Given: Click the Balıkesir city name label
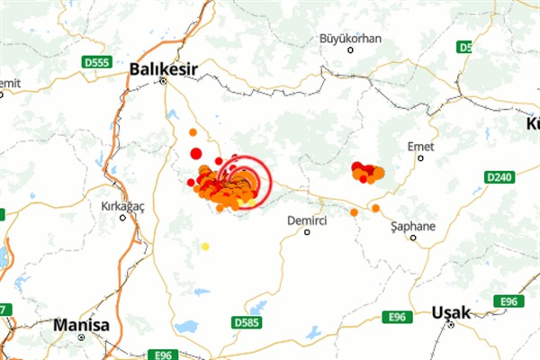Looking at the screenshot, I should [x=164, y=67].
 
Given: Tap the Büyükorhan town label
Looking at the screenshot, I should [x=352, y=39].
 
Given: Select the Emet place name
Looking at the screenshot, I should [x=420, y=145].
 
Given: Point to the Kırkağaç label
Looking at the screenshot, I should [x=121, y=206].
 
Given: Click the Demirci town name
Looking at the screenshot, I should [x=306, y=220].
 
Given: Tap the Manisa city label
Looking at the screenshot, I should [x=81, y=324].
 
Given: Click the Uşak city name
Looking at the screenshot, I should [x=451, y=312].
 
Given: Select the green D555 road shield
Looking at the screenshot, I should [x=95, y=63].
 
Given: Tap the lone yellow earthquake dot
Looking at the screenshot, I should [x=205, y=246].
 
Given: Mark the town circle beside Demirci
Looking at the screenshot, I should [x=307, y=232].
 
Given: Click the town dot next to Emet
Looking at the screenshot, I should [x=420, y=157].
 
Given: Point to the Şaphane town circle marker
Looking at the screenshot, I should [x=413, y=238].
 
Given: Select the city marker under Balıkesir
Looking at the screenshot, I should [x=164, y=81].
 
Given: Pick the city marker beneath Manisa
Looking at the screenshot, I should [x=81, y=337].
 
